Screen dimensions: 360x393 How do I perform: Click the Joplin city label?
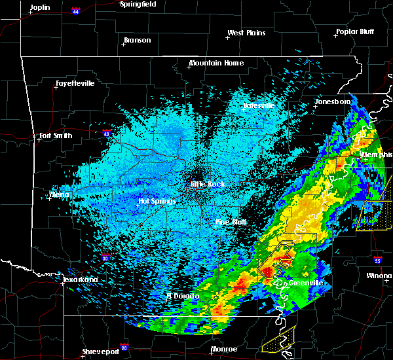pos(40,7)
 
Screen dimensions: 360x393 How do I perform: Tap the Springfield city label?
pos(139,4)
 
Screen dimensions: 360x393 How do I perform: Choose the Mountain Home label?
pos(216,63)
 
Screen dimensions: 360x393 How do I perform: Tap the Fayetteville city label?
pos(75,84)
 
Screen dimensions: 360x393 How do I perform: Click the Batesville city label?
pos(258,105)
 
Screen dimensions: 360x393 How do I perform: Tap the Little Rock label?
pos(207,185)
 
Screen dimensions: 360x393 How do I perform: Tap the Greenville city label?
pos(307,283)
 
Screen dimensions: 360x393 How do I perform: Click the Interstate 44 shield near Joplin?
pos(77,12)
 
